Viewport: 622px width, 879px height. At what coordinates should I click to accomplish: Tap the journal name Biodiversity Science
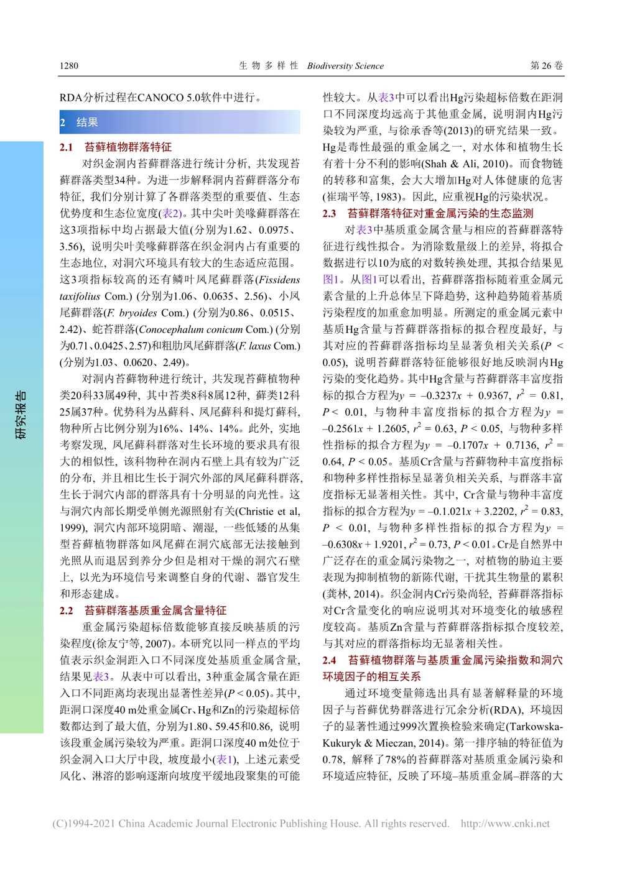coord(345,66)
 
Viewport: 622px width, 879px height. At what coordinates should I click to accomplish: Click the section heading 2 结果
coord(79,122)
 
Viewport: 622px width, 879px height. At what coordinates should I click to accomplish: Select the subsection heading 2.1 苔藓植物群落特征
coord(116,147)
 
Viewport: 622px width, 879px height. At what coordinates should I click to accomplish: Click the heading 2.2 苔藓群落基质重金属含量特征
coord(143,610)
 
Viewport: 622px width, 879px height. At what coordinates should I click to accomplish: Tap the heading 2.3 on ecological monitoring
coord(428,213)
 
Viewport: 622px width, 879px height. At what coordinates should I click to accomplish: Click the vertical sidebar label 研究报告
coord(21,415)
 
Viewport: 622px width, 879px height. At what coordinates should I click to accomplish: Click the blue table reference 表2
coord(170,213)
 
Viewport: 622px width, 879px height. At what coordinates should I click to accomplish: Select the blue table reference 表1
coord(224,759)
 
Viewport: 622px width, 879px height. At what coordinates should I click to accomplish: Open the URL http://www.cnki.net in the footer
coord(505,824)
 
